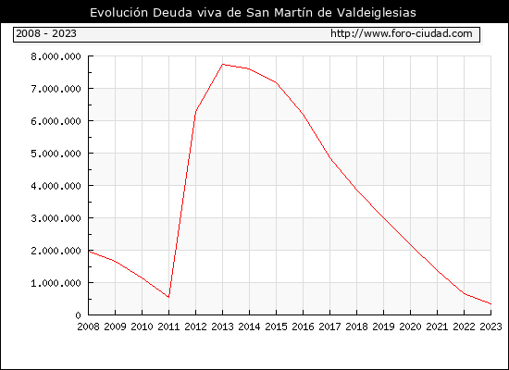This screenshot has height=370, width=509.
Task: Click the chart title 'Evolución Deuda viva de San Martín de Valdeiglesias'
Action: [253, 13]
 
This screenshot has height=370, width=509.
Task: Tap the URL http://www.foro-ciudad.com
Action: [402, 33]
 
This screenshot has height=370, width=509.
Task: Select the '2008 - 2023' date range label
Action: [46, 33]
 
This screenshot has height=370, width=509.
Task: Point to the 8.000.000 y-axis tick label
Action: [56, 56]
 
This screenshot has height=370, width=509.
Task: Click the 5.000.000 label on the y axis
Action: [56, 154]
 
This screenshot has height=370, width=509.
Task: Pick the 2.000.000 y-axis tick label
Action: [56, 251]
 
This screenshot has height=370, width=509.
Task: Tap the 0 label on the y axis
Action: [78, 315]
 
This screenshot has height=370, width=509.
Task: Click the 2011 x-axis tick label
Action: [168, 327]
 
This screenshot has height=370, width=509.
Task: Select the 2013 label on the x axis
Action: [222, 327]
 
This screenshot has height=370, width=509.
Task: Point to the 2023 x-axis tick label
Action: [490, 327]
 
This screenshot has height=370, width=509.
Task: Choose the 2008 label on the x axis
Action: [88, 327]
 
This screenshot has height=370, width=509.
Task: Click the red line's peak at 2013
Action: [223, 64]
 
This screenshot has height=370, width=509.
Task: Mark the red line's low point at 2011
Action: [168, 297]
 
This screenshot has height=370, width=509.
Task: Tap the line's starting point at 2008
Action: [89, 252]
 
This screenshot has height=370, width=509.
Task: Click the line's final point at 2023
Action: [490, 304]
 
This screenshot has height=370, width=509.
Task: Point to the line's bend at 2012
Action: [196, 112]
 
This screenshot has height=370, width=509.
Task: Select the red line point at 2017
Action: [329, 158]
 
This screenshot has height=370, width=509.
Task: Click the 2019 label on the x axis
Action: [383, 327]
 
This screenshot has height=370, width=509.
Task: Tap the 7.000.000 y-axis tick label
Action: [56, 89]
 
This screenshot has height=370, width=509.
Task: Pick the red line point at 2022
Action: [465, 294]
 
